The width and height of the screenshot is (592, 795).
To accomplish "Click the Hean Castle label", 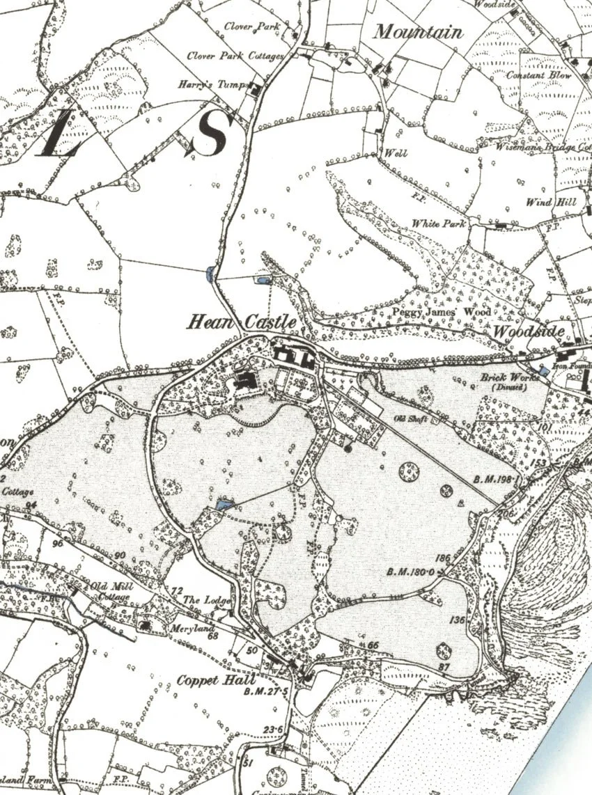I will point(242,322).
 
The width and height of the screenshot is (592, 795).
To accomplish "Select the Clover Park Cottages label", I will point(235,56).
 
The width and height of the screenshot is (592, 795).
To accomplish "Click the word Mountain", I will point(418,32).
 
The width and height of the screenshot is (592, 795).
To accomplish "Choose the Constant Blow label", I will point(538,75).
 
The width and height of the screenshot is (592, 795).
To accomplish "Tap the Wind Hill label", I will point(546,203).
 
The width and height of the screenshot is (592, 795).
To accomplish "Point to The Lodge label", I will point(206,599).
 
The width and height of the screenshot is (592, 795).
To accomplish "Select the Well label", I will point(396,153).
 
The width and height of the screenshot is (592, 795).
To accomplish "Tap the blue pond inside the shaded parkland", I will point(224,504).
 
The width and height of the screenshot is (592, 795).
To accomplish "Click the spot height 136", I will point(457,620).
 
